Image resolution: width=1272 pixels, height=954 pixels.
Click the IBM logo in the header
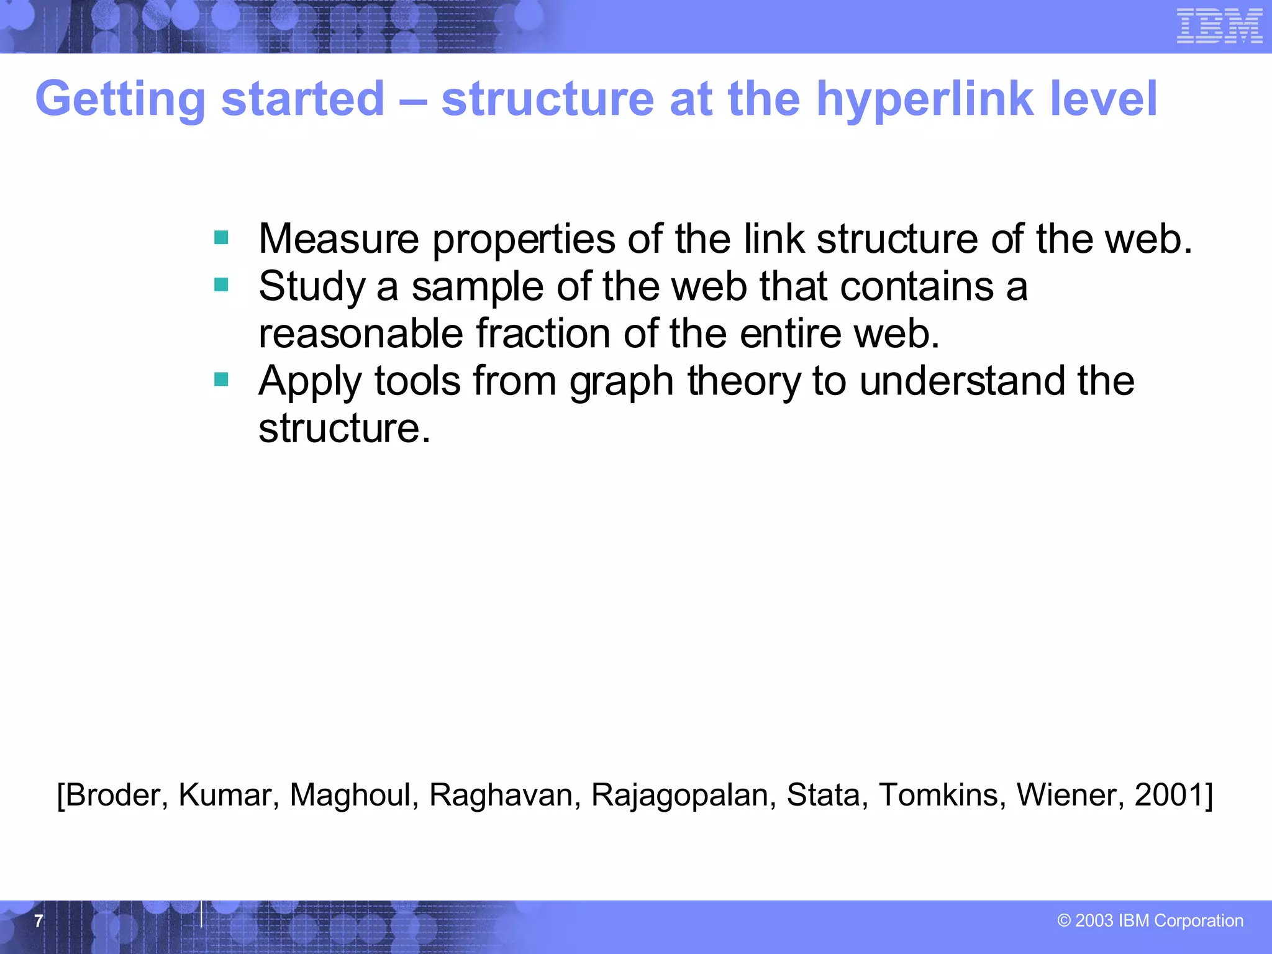pyautogui.click(x=1219, y=26)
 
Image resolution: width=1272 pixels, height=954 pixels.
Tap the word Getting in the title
pyautogui.click(x=120, y=100)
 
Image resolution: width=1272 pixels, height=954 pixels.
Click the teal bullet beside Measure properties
pyautogui.click(x=221, y=237)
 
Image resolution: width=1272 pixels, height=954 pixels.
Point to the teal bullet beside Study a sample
pyautogui.click(x=221, y=284)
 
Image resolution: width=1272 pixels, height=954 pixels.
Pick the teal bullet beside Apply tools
pyautogui.click(x=221, y=379)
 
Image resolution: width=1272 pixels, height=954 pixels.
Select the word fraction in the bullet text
pyautogui.click(x=543, y=334)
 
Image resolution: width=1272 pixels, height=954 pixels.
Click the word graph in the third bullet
pyautogui.click(x=621, y=382)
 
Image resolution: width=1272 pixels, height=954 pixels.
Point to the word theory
pyautogui.click(x=743, y=382)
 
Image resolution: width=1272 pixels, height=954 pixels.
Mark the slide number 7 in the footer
pyautogui.click(x=39, y=920)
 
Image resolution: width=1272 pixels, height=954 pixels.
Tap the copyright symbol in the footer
pyautogui.click(x=1064, y=920)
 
